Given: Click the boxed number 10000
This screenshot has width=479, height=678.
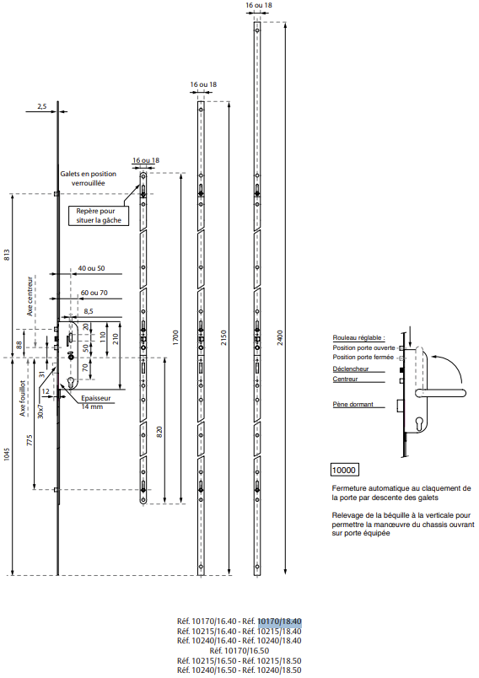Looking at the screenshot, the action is (344, 470).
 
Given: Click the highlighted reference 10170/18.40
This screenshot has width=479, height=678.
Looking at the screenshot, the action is (279, 621).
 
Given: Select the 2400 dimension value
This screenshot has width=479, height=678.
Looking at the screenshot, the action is (280, 336).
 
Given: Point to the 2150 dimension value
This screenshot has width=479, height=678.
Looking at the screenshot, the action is (223, 336).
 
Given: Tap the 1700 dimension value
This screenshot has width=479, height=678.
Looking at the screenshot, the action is (175, 336).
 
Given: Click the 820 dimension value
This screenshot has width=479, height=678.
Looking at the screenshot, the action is (159, 431).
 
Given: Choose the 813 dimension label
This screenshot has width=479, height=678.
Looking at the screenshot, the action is (7, 255).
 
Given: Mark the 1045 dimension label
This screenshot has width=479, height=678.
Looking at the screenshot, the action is (7, 454).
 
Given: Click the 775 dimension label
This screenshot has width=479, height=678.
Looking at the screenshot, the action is (30, 440).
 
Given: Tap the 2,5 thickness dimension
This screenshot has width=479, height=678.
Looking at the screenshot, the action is (42, 105).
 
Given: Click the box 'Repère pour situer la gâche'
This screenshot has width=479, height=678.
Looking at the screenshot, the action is (99, 216).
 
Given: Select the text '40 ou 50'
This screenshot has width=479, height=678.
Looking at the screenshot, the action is (91, 268).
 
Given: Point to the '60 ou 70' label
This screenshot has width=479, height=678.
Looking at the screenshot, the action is (94, 293).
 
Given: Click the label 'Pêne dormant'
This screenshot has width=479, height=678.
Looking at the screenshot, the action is (353, 404).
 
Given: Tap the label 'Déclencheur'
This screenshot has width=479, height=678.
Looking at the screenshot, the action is (351, 369).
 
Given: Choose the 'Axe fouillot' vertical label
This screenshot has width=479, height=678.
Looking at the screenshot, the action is (23, 399).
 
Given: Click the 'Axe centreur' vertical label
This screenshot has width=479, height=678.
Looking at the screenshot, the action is (30, 296).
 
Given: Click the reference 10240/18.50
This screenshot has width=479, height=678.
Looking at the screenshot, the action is (279, 670).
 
